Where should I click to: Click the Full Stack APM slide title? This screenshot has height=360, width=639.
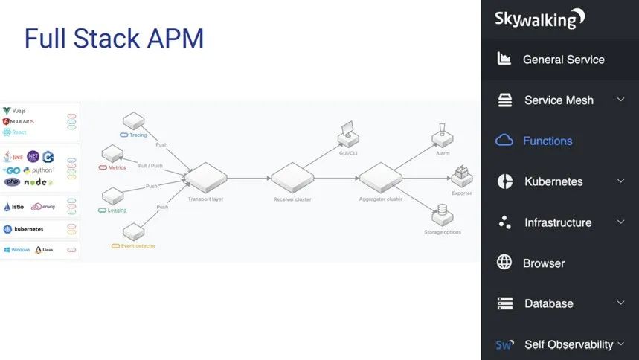click(114, 38)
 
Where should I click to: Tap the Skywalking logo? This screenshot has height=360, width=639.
click(540, 19)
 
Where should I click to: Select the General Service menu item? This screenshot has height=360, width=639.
click(563, 60)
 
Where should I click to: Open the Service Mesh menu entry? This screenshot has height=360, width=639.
click(559, 100)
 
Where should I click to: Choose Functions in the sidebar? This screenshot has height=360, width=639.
click(548, 141)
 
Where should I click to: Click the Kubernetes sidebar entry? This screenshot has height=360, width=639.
click(553, 181)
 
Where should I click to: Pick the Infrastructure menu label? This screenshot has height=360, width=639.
click(558, 222)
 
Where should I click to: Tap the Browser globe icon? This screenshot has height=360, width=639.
click(504, 263)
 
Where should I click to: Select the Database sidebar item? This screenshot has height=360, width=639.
click(548, 303)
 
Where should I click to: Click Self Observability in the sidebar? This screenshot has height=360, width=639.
click(568, 344)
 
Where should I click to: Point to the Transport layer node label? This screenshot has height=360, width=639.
click(207, 199)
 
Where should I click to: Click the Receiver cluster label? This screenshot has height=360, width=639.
click(292, 199)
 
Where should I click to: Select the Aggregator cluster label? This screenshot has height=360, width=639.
click(380, 199)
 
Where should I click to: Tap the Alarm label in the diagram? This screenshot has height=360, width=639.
click(443, 152)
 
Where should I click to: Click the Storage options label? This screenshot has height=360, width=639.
click(443, 232)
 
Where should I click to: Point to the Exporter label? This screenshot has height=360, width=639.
click(461, 193)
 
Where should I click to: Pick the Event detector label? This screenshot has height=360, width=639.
click(138, 245)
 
